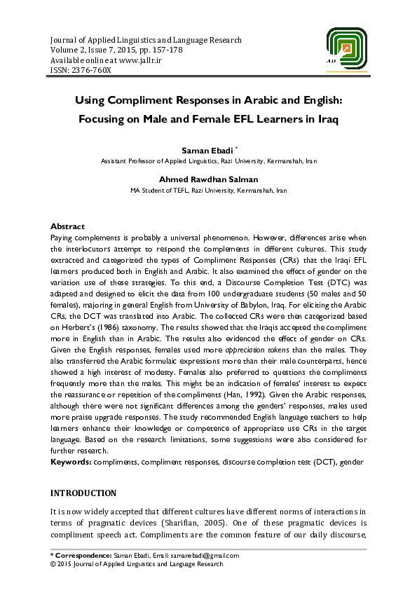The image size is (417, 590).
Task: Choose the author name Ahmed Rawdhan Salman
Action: pos(208,180)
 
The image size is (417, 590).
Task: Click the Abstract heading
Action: pos(67,226)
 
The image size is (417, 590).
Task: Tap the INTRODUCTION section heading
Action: pos(83,493)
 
